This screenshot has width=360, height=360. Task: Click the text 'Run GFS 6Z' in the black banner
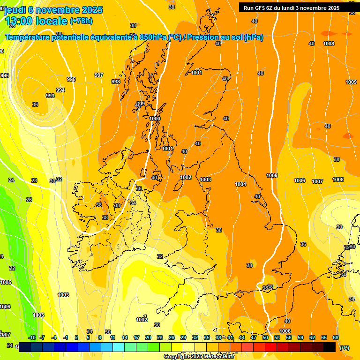[x=260, y=8]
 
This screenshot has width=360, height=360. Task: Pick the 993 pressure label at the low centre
[x=50, y=96]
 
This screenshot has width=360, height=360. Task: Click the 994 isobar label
[x=60, y=90]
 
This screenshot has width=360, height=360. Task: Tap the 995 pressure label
[x=71, y=79]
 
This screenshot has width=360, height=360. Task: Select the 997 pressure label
[x=98, y=75]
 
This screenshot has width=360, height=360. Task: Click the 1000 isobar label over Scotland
[x=155, y=119]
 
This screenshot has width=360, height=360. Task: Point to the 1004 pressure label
[x=240, y=184]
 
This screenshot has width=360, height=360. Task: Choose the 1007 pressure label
[x=317, y=181]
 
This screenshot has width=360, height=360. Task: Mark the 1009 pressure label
[x=351, y=82]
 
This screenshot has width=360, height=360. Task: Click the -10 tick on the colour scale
[x=32, y=337]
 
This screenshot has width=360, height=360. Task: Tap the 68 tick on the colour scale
[x=336, y=337]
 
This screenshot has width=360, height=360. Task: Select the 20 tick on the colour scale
[x=148, y=337]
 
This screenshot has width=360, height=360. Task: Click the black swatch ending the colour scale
[x=330, y=347]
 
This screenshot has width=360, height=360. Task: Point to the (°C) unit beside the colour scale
[x=345, y=348]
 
